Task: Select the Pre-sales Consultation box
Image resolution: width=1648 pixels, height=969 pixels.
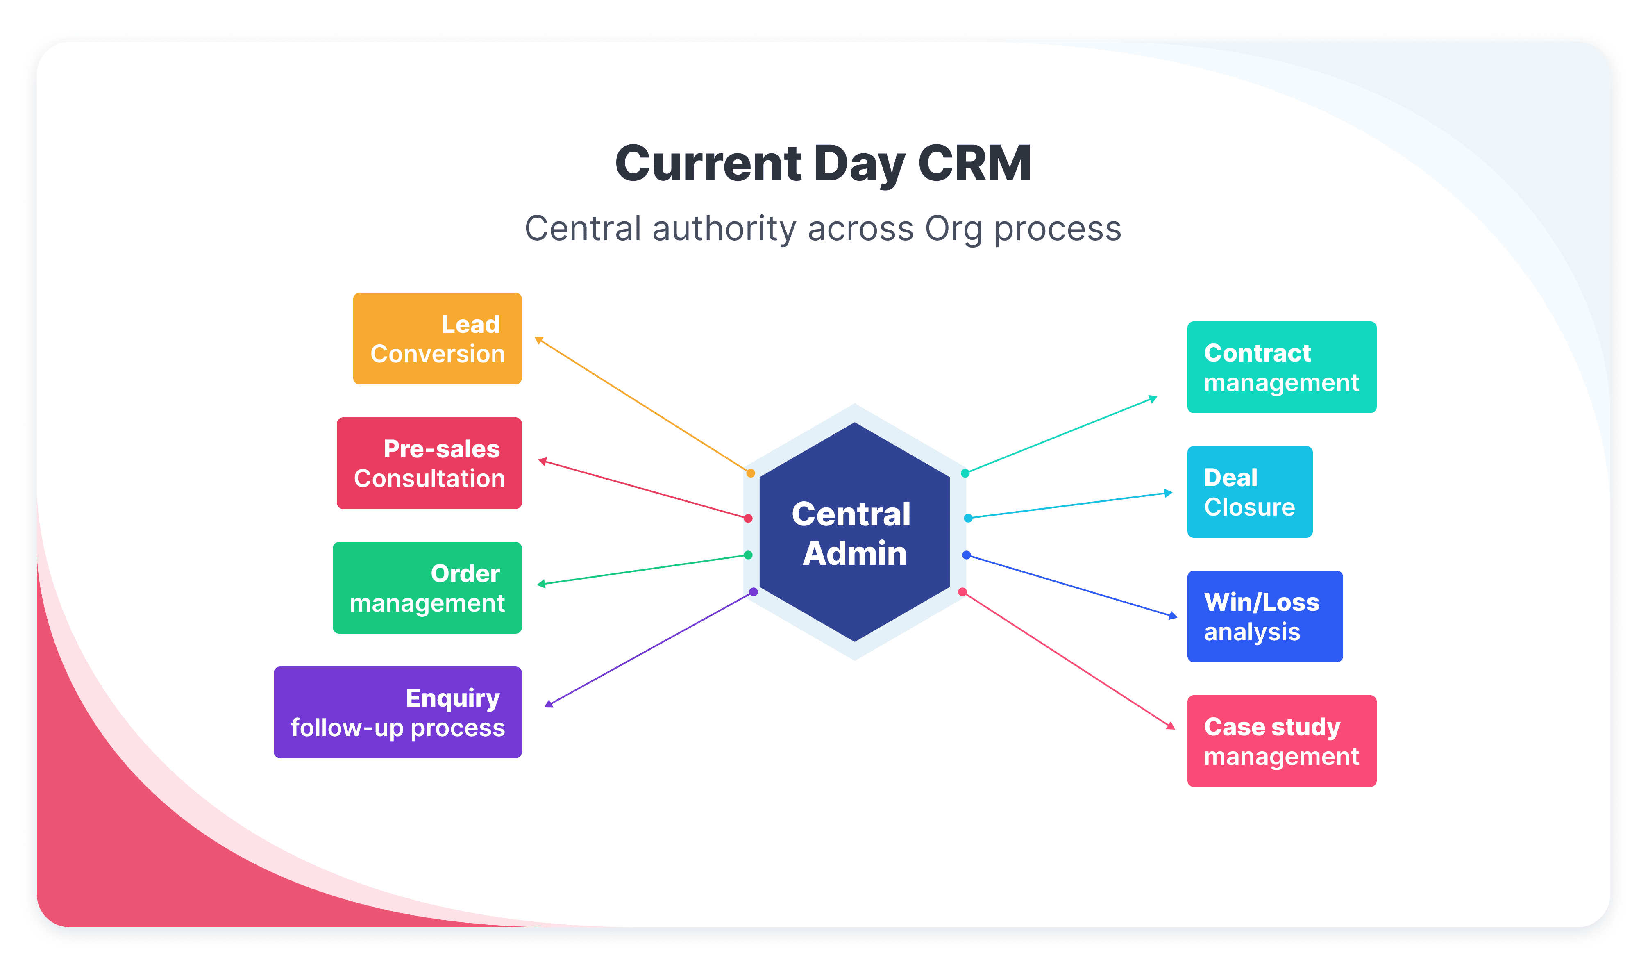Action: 429,463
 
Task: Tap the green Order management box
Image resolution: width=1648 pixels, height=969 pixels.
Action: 427,587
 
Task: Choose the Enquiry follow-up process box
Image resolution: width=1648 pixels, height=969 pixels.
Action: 397,712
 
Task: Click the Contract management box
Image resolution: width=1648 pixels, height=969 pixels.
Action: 1281,367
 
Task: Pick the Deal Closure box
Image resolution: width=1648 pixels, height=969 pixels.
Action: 1249,492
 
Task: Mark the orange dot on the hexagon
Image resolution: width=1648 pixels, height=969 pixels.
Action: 751,473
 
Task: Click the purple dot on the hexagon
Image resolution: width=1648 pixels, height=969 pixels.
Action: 754,592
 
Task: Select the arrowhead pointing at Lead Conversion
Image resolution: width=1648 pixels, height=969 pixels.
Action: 539,339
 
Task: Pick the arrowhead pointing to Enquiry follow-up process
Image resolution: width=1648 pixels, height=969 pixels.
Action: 549,704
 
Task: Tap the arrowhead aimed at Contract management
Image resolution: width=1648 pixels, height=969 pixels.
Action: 1153,398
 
